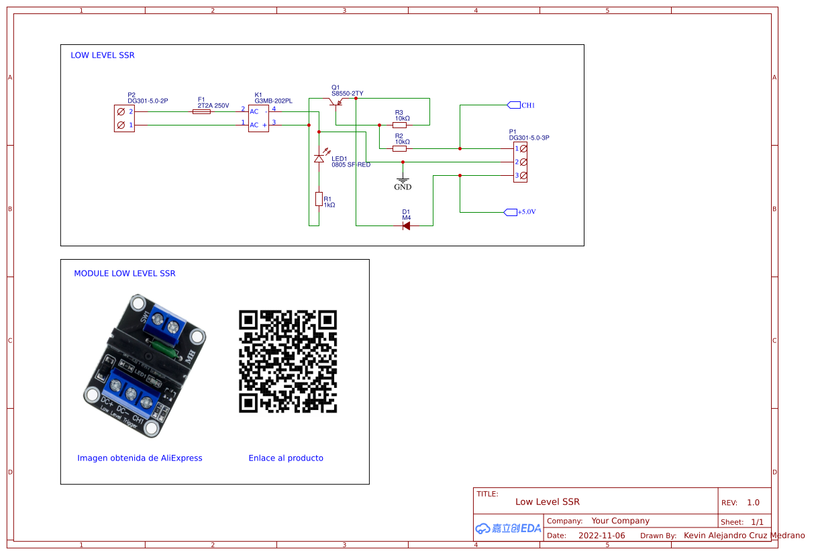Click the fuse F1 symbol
tap(201, 111)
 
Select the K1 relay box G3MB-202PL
tap(258, 118)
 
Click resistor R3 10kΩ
tap(400, 125)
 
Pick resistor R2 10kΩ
tap(400, 148)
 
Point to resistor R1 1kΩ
tap(319, 199)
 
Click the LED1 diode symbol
tap(319, 158)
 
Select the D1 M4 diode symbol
tap(406, 225)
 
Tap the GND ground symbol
tap(403, 181)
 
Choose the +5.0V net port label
tap(521, 212)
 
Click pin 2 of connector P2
tap(121, 111)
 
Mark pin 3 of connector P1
tap(523, 176)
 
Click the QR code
tap(288, 361)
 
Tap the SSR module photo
tap(144, 366)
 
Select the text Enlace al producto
tap(286, 458)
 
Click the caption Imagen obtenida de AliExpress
tap(140, 458)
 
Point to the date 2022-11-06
tap(601, 536)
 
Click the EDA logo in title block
tap(508, 528)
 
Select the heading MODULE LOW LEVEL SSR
tap(125, 274)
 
